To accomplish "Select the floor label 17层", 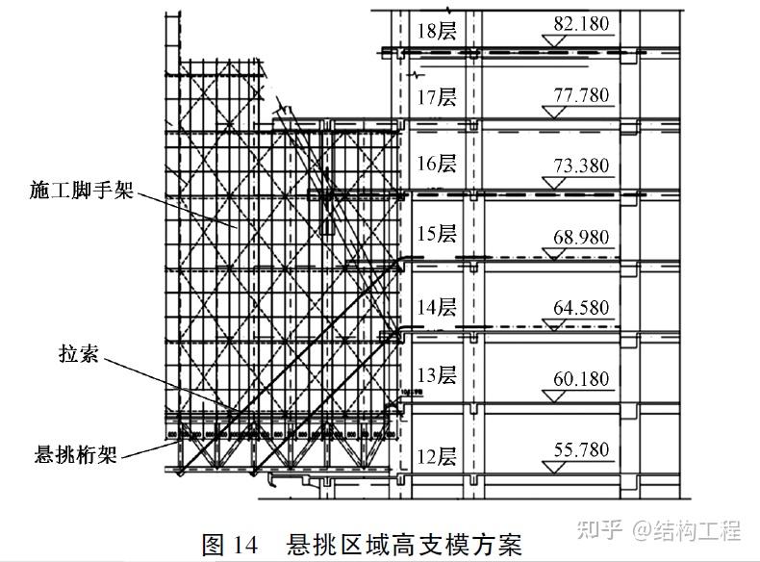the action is tap(437, 97).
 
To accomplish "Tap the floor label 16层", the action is tap(437, 164).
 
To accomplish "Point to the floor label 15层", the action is tap(437, 234).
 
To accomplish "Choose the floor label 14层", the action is tap(437, 307).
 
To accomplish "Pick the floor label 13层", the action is tap(437, 375).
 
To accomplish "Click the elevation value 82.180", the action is tap(581, 23).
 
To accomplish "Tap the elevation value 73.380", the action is tap(581, 166).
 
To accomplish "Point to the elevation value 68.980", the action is tap(581, 237).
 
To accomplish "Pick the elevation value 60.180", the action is tap(581, 378).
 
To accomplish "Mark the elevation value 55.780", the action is tap(581, 449).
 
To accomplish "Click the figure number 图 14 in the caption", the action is tap(230, 544).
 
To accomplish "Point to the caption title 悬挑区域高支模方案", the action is tap(403, 544).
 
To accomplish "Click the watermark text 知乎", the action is tap(598, 528).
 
